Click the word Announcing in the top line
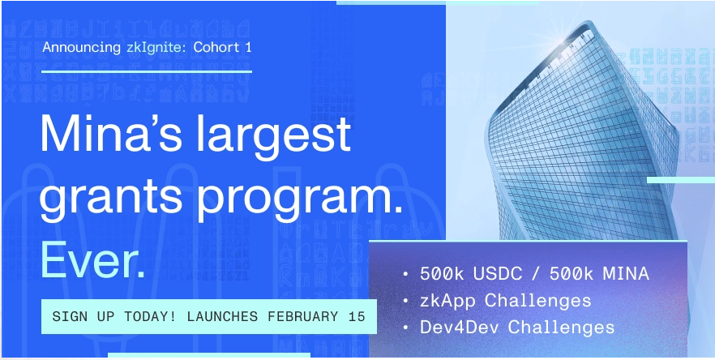coord(82,47)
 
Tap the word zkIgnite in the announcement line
coord(156,47)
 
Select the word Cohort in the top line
coord(216,47)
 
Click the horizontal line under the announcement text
coord(147,71)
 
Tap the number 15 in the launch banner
coord(357,316)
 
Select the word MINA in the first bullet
coord(626,274)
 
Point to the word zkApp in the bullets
coord(447,301)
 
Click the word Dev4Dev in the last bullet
coord(460,328)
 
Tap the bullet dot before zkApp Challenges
coord(405,302)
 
